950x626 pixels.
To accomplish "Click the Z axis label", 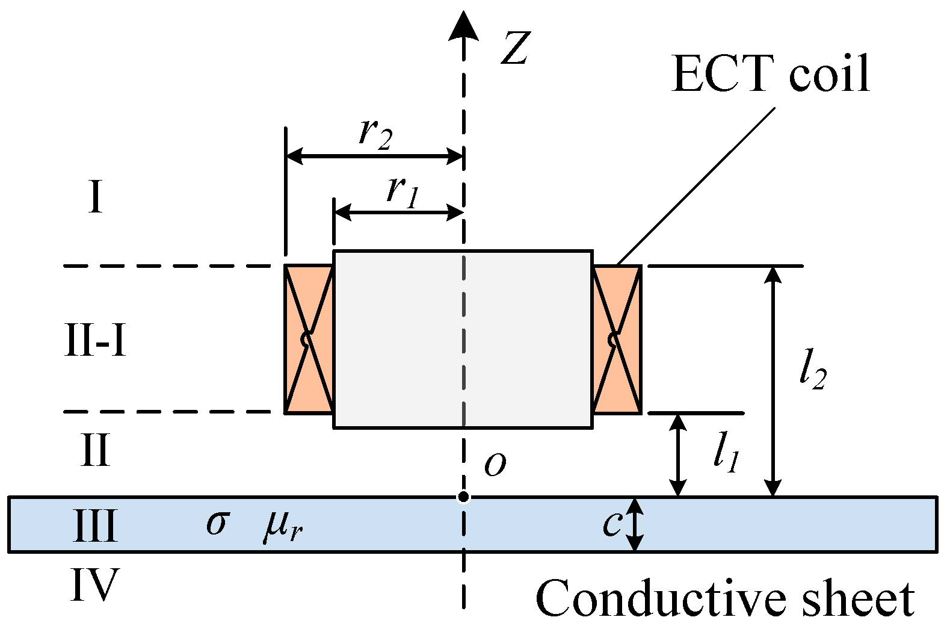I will [515, 48].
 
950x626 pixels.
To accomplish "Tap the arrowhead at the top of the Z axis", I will [463, 26].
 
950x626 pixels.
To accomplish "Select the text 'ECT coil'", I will [771, 74].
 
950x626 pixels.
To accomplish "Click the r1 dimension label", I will [402, 191].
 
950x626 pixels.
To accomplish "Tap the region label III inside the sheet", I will [95, 525].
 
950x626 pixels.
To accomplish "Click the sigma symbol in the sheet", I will [217, 522].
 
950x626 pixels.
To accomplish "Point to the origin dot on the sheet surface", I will [463, 497].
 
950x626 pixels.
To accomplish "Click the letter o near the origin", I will [495, 465].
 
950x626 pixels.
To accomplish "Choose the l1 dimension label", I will [726, 454].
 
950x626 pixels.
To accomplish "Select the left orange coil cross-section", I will [309, 339].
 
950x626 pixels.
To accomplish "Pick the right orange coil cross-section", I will [617, 339].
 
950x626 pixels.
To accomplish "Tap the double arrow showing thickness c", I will [635, 524].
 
